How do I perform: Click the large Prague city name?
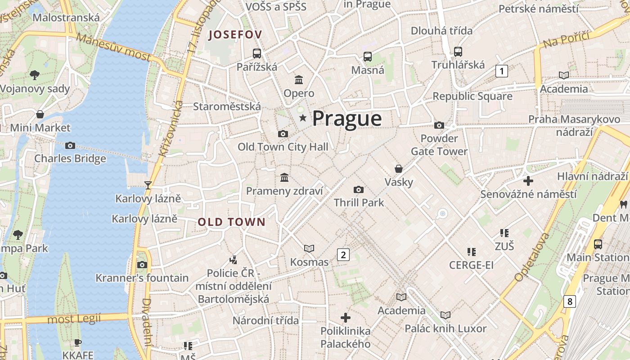pos(347,119)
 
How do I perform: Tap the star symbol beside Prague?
pos(303,118)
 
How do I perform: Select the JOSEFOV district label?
pos(235,35)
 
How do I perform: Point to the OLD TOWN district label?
pos(231,222)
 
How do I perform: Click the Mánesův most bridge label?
pos(113,46)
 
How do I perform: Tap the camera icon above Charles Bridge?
pos(70,145)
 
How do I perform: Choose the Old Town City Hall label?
pos(283,147)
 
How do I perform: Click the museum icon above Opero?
pos(298,80)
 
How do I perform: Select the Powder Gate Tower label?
pos(439,144)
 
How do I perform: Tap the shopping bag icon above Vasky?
pos(398,169)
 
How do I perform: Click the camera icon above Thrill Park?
pos(358,189)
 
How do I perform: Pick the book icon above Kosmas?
pos(309,248)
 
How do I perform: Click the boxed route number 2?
pos(343,255)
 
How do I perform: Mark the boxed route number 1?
pos(501,71)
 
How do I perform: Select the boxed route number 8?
pos(570,301)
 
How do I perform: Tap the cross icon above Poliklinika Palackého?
pos(345,318)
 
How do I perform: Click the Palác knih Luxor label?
pos(445,328)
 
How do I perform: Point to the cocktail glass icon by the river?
pos(148,185)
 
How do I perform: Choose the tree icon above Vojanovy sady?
pos(34,75)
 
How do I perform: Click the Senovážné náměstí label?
pos(528,194)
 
